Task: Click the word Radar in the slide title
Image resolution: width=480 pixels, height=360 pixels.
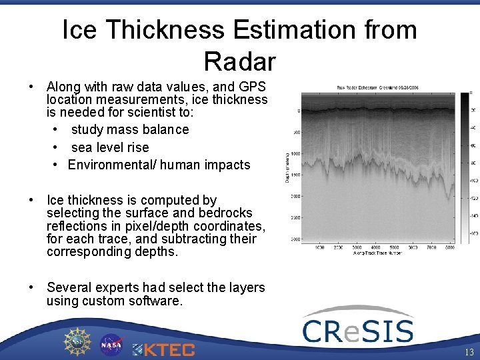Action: (x=239, y=61)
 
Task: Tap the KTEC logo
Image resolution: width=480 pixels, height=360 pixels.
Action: (x=164, y=349)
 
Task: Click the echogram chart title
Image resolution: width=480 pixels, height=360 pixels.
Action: (x=377, y=87)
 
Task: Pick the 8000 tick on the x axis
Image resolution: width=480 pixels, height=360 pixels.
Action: (x=450, y=247)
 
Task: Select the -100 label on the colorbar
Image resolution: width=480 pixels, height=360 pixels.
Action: (x=473, y=181)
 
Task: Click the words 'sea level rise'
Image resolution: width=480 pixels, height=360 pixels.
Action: (x=110, y=147)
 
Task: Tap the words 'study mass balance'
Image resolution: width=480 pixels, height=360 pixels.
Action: (x=130, y=129)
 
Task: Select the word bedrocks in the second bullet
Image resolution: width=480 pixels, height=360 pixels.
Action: (x=227, y=213)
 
